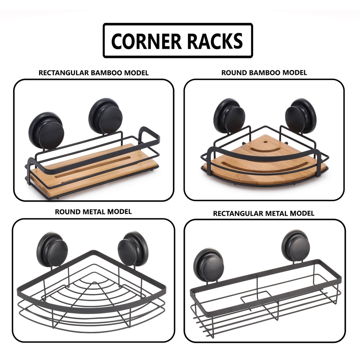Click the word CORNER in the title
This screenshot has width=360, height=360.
[x=146, y=41]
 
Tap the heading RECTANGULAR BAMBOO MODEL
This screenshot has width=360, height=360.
[x=94, y=73]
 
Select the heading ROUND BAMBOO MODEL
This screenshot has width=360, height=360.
[x=264, y=72]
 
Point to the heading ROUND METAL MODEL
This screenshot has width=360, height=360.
[x=93, y=212]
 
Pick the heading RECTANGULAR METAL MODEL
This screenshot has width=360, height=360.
[x=264, y=213]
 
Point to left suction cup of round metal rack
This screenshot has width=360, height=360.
[x=52, y=250]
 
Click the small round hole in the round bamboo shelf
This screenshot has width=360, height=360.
[x=266, y=142]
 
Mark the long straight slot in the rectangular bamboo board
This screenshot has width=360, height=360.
[x=93, y=167]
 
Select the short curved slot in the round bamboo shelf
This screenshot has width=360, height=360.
[x=266, y=150]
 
